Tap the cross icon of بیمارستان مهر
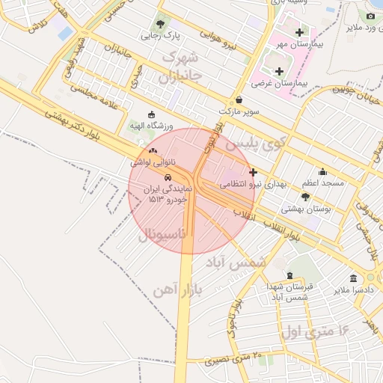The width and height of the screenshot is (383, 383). (300, 32)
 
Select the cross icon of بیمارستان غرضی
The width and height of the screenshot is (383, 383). (279, 72)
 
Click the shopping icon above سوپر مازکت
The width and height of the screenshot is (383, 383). (239, 99)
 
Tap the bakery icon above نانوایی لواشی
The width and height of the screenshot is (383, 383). (152, 150)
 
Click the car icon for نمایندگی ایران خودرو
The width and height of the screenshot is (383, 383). (168, 177)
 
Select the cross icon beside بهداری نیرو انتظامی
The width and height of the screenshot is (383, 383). (253, 172)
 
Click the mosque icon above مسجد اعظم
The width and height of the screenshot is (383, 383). (322, 171)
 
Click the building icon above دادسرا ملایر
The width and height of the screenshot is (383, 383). (353, 278)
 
